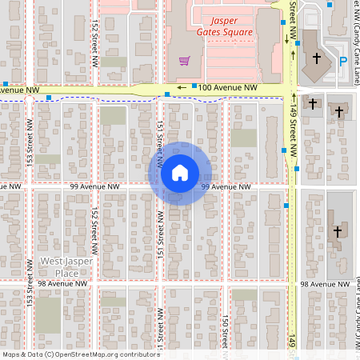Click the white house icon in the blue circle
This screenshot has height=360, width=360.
click(x=179, y=173)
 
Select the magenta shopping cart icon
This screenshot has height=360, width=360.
click(x=185, y=60)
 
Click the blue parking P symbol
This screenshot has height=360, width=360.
click(x=343, y=61)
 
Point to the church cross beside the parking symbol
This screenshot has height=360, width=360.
click(x=317, y=58)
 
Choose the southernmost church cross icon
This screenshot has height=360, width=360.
click(x=337, y=231)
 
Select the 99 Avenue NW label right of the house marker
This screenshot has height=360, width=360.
click(x=226, y=186)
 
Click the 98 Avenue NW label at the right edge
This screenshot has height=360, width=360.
click(x=326, y=284)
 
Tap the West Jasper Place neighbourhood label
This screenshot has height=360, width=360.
click(x=66, y=267)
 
